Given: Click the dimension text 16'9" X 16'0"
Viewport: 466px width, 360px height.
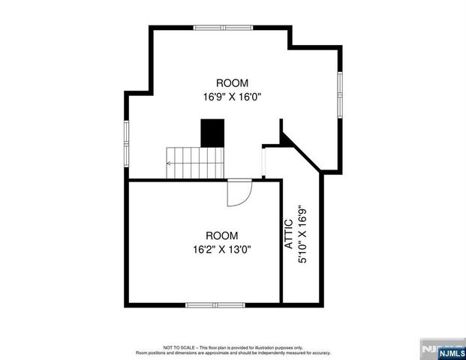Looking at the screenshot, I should (x=232, y=97).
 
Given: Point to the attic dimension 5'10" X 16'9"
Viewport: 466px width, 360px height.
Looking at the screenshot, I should (x=303, y=233).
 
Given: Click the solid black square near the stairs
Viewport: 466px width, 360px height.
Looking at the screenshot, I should (x=212, y=134).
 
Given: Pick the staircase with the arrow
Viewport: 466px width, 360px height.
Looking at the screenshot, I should (x=196, y=162).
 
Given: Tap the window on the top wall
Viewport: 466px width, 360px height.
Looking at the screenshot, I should (x=224, y=28).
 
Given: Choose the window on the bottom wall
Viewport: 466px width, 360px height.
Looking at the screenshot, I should (x=211, y=304).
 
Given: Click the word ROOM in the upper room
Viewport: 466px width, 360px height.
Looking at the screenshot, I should (x=232, y=83).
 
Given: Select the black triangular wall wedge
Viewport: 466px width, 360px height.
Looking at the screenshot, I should (x=285, y=138).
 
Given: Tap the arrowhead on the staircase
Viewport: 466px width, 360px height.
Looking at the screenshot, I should (x=170, y=162).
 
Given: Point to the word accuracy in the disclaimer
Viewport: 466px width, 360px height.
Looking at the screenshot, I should (x=320, y=352).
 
